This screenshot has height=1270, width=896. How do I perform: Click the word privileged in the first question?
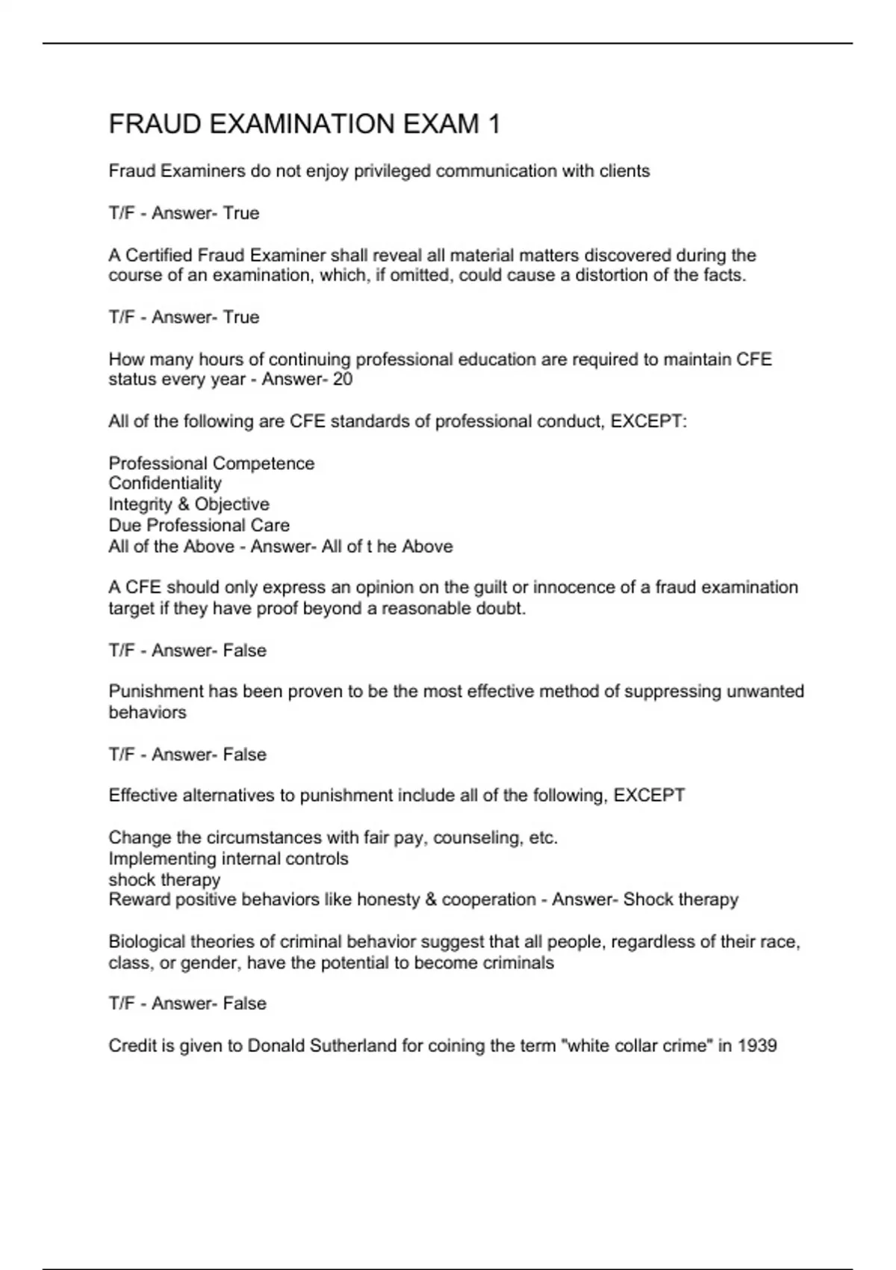pos(392,171)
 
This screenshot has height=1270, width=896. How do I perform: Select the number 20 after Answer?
pos(343,380)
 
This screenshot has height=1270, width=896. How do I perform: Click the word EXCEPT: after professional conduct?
pos(649,421)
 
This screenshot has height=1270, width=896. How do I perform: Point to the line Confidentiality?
pos(165,483)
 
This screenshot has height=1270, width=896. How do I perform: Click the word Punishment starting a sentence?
pos(155,692)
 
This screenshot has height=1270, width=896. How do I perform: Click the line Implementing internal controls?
pos(228,858)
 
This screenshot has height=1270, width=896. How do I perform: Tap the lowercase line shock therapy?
pos(164,879)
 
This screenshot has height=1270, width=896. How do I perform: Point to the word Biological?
pos(146,941)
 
